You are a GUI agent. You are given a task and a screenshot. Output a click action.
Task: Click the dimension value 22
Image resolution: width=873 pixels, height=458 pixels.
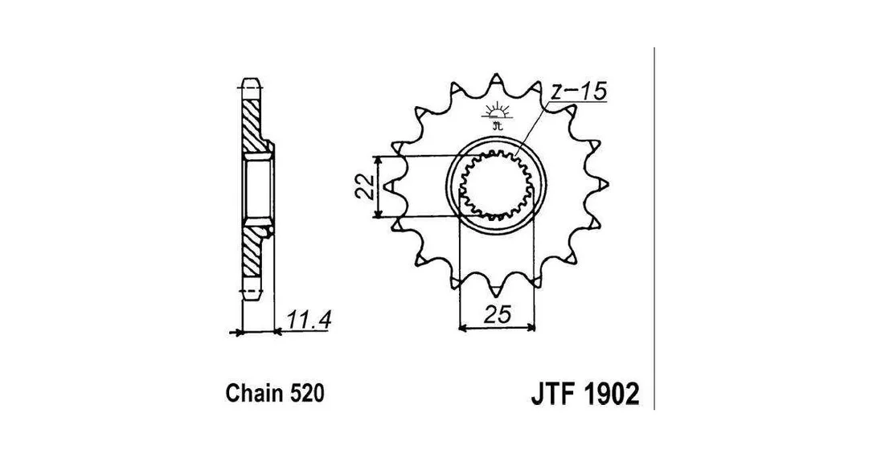coord(365,186)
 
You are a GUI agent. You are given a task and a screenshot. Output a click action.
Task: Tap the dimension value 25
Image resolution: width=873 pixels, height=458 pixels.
coord(497,315)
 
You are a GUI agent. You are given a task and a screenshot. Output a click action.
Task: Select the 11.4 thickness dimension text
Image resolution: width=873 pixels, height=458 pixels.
coord(309,321)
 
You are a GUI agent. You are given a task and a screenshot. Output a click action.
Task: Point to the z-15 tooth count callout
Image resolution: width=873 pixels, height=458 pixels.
coord(577,92)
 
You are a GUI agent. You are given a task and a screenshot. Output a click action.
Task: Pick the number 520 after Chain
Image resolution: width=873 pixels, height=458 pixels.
coord(306,394)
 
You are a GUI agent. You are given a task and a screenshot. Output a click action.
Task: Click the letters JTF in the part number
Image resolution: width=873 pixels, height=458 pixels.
coord(552,394)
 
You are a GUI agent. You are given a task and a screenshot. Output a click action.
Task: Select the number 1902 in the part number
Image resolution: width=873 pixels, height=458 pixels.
coord(611,394)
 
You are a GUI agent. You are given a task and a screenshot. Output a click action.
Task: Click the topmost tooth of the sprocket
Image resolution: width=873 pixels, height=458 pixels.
coord(495,81)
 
